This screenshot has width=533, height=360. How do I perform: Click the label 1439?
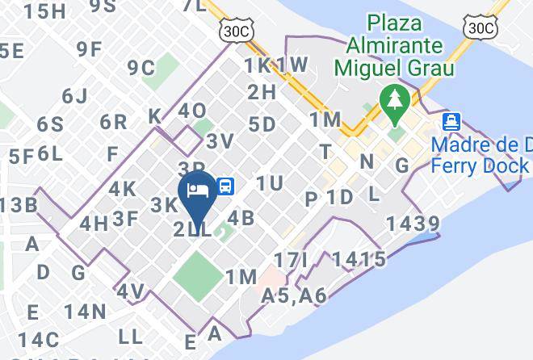pos(413,224)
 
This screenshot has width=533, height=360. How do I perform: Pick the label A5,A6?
pos(294,297)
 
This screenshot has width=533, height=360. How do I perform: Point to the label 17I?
pos(292,261)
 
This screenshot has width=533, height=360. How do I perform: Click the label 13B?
pos(18,205)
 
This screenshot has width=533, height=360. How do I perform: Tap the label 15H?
pos(45,11)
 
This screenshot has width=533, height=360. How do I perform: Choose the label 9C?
pos(141,67)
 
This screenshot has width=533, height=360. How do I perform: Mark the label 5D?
pos(262,124)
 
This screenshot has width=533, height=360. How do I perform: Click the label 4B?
pos(241,218)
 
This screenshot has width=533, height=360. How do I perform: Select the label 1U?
pos(270,184)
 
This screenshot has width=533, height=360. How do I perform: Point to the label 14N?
pos(86,311)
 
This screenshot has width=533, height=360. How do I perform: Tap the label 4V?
pos(131,291)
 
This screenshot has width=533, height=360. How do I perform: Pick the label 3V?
pos(220,141)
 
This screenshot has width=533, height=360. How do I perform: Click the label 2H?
pos(262,92)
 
